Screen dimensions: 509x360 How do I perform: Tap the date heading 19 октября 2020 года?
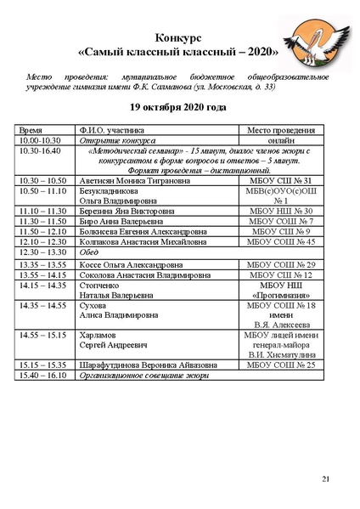pos(178,108)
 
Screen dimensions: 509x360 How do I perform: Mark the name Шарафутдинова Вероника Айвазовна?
pos(146,365)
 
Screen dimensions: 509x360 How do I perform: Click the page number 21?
pos(325,480)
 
